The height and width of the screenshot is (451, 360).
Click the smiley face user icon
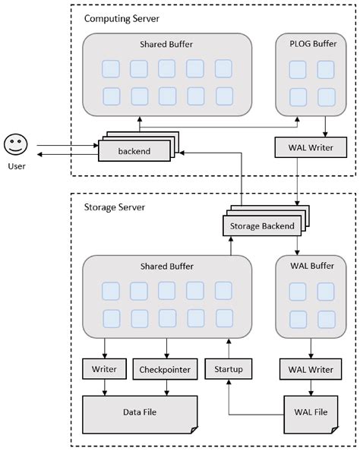(15, 143)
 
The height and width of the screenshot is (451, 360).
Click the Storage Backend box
(259, 225)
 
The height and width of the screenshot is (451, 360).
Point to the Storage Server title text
(110, 207)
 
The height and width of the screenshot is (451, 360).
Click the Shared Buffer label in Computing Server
(166, 45)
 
